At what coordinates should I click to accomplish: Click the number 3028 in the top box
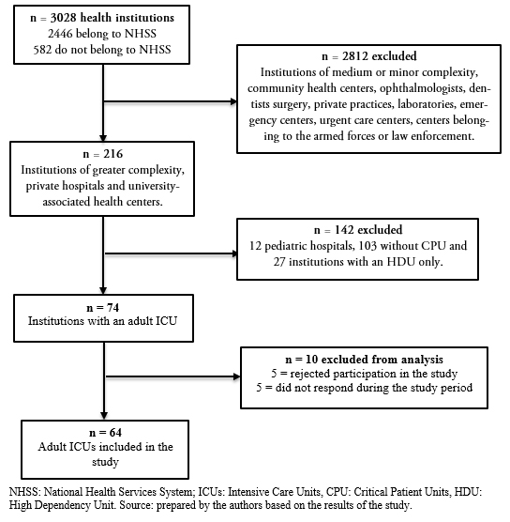[x=64, y=18]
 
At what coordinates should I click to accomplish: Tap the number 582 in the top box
[x=42, y=50]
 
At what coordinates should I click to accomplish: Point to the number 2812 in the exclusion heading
[x=355, y=56]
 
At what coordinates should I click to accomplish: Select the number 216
[x=113, y=154]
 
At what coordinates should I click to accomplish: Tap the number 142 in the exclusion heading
[x=344, y=230]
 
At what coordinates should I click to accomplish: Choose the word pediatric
[x=285, y=246]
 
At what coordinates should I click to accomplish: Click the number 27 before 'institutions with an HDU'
[x=279, y=262]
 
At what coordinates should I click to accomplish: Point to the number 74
[x=112, y=308]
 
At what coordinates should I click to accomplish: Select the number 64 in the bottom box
[x=115, y=433]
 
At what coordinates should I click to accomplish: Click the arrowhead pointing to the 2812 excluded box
[x=233, y=101]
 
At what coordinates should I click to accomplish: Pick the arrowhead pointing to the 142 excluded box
[x=234, y=253]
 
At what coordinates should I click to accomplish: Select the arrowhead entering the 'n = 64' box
[x=104, y=416]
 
